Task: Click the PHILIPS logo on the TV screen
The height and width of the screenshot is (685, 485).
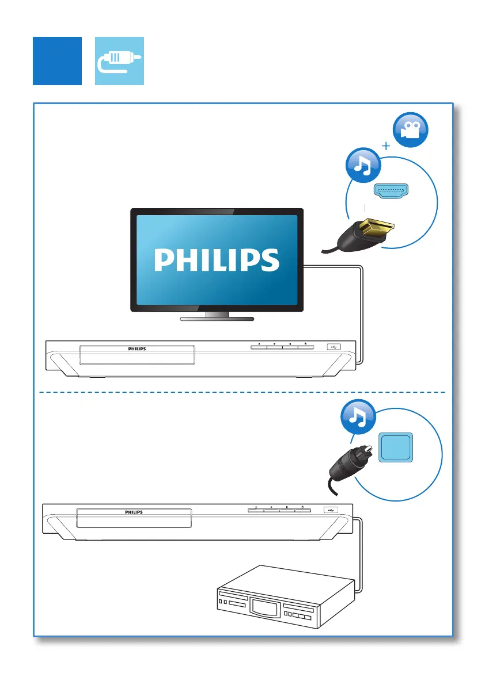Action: [x=217, y=260]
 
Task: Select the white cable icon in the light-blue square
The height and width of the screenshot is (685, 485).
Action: [x=119, y=61]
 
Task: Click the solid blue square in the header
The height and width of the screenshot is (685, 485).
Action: [x=57, y=61]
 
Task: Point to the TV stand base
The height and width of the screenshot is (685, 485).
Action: [x=217, y=317]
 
